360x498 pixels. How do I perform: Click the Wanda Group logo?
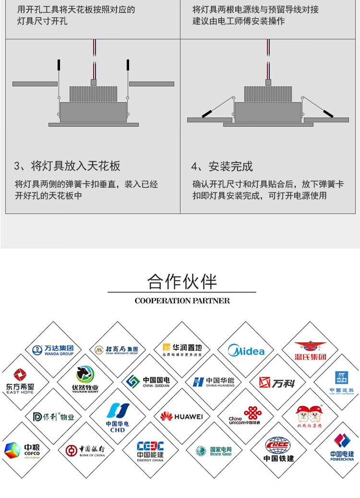pos(53,350)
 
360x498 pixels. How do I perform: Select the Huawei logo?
pos(181,416)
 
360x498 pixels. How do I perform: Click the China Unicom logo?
pos(245,415)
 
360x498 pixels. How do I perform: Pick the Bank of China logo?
pos(85,450)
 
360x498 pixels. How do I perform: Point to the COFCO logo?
pos(22,450)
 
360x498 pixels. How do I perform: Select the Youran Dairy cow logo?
pos(85,379)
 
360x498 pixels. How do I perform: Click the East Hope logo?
pos(20,381)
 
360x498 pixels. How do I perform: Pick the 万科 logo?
pos(277,382)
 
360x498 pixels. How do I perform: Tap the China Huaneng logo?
pos(214,382)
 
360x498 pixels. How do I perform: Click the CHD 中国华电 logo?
pos(117,416)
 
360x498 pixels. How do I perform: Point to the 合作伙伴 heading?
pos(182,282)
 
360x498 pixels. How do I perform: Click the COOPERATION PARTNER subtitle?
pos(182,301)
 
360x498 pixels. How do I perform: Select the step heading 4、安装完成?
pos(222,166)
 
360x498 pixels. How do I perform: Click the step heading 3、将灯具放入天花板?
pos(67,166)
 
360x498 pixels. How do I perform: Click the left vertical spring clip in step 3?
pos(59,65)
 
